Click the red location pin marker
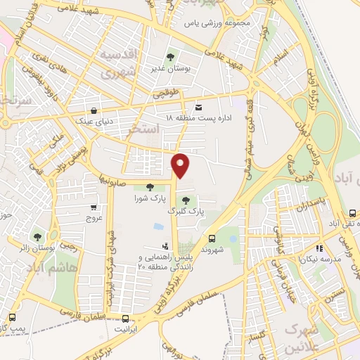coord(181,165)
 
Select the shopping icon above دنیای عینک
coord(95,110)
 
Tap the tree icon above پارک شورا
coord(150,187)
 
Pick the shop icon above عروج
coord(94,207)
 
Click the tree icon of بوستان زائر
coord(37,236)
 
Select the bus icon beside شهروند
coord(213,238)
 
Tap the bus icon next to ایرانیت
coord(126,319)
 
